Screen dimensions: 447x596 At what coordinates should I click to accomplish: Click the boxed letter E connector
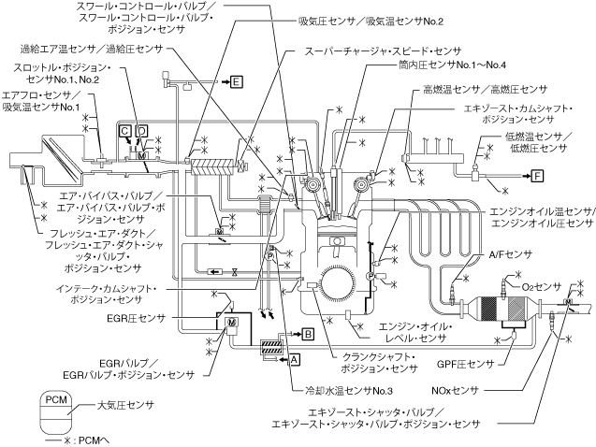pos(237,82)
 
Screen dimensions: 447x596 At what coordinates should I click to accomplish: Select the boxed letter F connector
pos(536,174)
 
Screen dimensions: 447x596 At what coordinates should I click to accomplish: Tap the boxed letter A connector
pos(295,357)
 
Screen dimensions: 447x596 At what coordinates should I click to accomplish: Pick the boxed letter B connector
pos(308,332)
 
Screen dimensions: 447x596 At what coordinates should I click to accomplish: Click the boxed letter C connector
pos(124,131)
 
